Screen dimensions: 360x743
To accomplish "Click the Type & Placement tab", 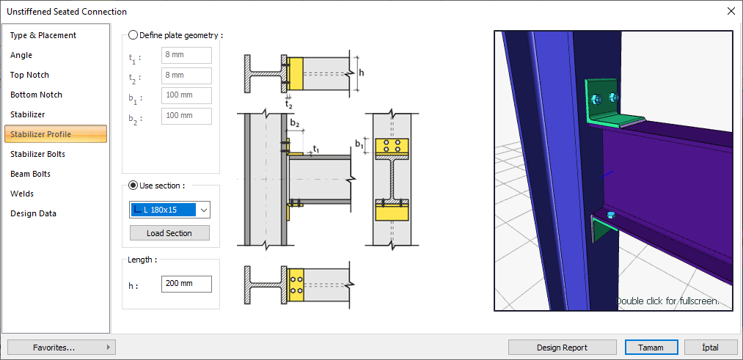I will coord(43,35).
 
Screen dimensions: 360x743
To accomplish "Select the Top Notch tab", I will coord(30,75).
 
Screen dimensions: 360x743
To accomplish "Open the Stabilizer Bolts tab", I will coord(38,154).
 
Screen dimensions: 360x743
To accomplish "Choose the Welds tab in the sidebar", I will coord(22,194).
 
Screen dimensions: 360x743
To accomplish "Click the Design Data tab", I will coord(33,213).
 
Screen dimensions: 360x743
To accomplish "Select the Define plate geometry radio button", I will coord(133,34).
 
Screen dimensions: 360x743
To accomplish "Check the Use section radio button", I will coord(133,185).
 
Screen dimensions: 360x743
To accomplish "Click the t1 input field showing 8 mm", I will coord(186,56).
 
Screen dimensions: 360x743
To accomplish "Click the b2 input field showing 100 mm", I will coord(186,116).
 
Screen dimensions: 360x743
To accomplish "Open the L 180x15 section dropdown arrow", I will coord(204,210).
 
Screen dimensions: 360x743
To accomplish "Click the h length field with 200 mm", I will coord(186,284).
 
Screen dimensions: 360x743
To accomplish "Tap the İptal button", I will coord(711,348).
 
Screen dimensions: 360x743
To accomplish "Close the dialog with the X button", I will coord(731,11).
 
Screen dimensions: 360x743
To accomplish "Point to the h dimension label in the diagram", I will coord(362,73).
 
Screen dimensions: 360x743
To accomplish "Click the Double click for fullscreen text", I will coord(667,301).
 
